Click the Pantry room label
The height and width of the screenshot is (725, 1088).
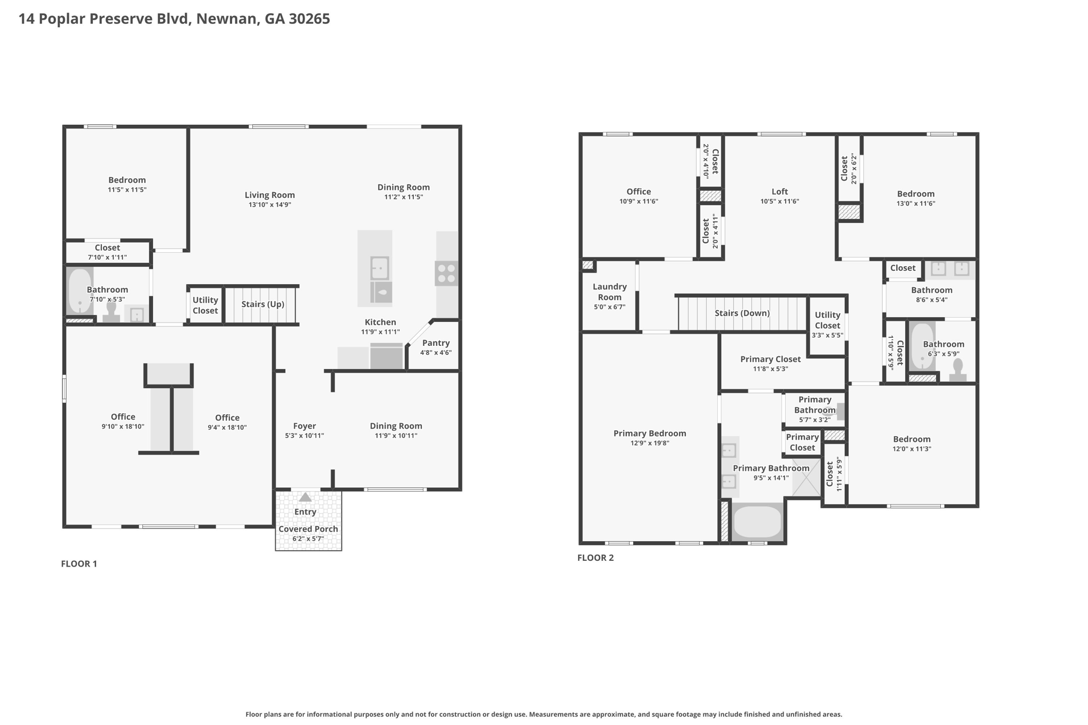point(436,343)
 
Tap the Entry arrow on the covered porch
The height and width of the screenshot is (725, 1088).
point(305,498)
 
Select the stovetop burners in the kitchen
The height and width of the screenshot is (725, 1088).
point(446,274)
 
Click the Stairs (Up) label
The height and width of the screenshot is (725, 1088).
point(262,304)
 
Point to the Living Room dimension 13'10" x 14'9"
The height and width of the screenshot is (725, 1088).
point(270,204)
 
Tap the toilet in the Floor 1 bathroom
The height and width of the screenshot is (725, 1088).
point(112,312)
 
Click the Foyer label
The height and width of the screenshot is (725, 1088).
point(304,426)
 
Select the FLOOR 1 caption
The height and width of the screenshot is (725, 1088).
point(79,564)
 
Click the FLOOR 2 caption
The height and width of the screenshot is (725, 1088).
point(596,558)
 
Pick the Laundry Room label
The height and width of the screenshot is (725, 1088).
point(610,292)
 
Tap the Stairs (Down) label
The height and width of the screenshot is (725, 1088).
point(742,313)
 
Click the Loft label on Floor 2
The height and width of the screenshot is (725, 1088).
point(780,192)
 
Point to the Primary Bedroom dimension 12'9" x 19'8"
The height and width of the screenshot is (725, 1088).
point(650,443)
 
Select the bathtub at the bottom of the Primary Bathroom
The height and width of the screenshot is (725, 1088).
point(758,522)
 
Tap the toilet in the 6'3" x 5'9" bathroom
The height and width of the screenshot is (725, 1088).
point(958,371)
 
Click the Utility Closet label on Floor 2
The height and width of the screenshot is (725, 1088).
point(828,320)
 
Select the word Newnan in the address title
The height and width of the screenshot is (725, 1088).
point(228,19)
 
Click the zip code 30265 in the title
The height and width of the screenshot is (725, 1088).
point(310,19)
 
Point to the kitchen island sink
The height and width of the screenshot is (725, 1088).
point(380,269)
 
